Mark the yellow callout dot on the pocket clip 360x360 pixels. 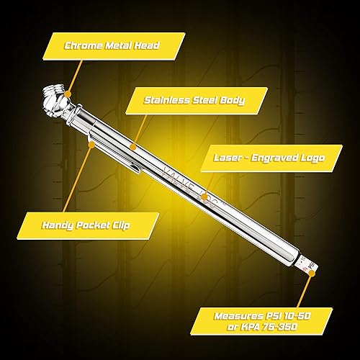[x=91, y=143]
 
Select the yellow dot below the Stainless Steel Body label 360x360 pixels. [x=133, y=146]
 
